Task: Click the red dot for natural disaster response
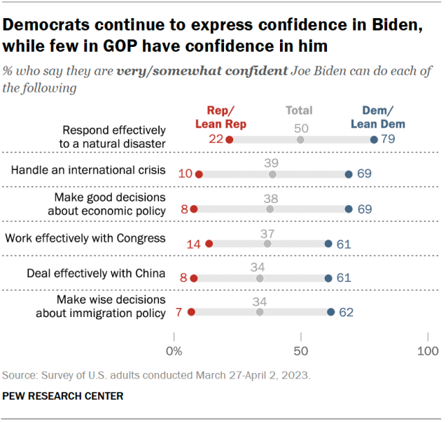point(230,140)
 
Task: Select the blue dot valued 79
point(374,140)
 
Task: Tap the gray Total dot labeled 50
point(300,140)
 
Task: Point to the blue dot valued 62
point(330,312)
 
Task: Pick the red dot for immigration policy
point(191,312)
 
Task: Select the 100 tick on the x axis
point(427,350)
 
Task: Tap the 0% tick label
point(174,350)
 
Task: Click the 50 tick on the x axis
point(300,350)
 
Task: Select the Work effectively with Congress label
point(85,239)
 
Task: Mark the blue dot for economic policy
point(349,209)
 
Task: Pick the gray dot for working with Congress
point(267,244)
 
